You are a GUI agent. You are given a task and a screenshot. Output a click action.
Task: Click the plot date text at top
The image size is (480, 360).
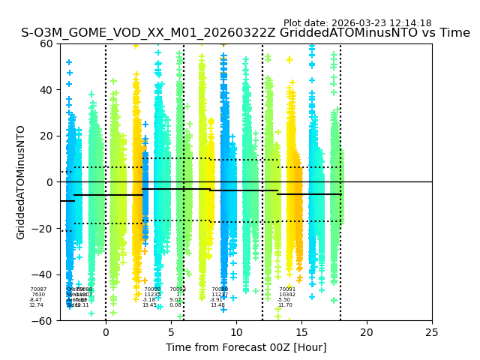point(357,23)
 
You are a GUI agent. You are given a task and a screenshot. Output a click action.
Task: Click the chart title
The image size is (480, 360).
point(245,33)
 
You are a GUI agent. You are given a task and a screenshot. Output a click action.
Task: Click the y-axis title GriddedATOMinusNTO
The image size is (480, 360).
point(21,182)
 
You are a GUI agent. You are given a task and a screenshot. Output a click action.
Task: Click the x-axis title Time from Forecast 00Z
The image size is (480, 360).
point(246,347)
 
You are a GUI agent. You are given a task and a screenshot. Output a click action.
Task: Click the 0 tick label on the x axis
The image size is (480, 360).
point(106,332)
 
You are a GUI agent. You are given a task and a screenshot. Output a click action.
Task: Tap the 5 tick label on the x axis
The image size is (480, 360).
point(171,332)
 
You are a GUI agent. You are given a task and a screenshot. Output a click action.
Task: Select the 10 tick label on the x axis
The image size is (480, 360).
point(236,332)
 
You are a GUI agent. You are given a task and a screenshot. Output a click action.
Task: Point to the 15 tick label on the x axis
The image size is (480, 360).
point(301,332)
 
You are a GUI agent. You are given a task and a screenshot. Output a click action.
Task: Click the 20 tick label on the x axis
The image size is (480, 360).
point(367,332)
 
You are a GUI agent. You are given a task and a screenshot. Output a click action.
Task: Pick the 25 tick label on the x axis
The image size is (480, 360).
point(432,332)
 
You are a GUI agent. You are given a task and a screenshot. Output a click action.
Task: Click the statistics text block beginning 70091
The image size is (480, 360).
point(286,297)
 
